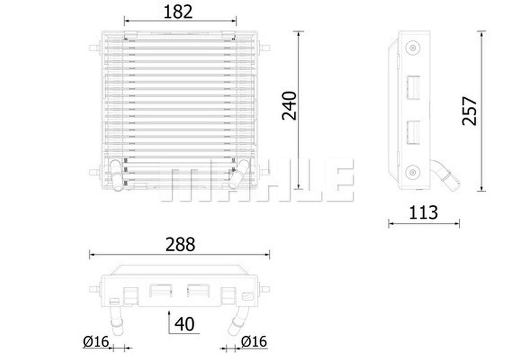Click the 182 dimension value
(178, 12)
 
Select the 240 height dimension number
(289, 106)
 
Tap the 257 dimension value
(469, 111)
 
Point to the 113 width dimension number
(424, 213)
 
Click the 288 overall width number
(180, 245)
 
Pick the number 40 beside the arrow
(184, 324)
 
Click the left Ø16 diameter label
(96, 342)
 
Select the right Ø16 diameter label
(254, 342)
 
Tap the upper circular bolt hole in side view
(413, 48)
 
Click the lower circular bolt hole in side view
(412, 172)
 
